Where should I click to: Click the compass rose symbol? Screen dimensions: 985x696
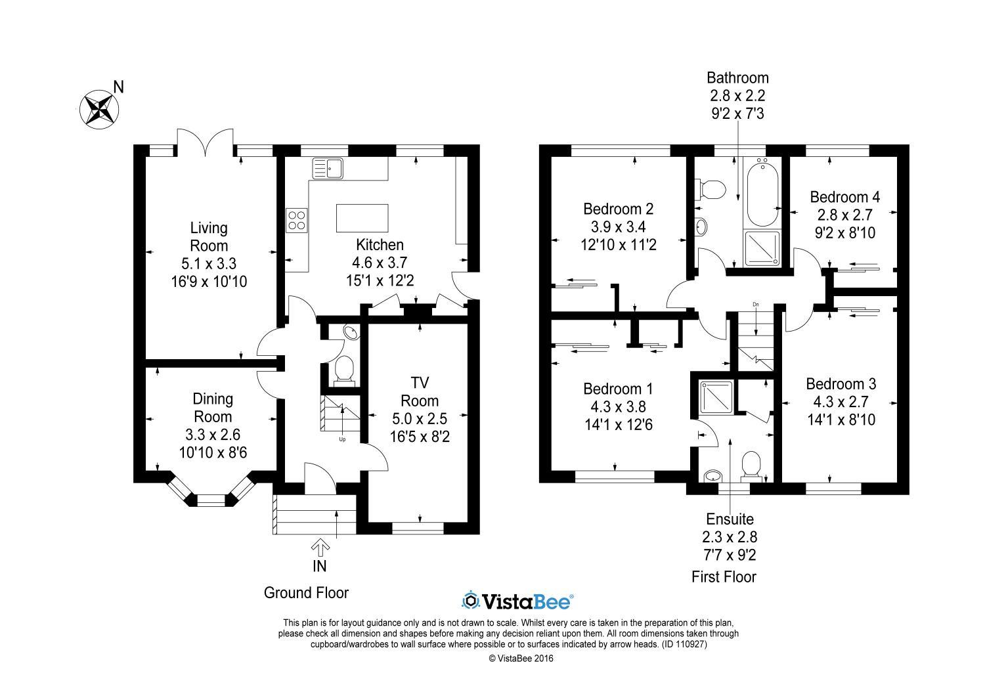coord(99,109)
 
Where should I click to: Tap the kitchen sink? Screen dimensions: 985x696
coord(328,169)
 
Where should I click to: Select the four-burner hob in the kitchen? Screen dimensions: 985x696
coord(296,220)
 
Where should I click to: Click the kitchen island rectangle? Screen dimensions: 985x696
coord(362,218)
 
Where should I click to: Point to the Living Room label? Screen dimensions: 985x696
coord(209,236)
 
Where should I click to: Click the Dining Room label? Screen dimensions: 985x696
coord(213,408)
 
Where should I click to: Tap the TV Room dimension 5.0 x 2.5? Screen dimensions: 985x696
coord(420,418)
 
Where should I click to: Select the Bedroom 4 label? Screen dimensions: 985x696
coord(844,197)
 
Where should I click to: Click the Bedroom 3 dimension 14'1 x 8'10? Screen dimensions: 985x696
coord(841,420)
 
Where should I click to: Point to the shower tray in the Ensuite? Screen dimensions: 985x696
coord(717,397)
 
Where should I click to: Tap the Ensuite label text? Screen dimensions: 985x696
coord(730,519)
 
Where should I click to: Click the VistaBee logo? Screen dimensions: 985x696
coord(517,601)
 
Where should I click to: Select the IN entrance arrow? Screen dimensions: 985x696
coord(320,548)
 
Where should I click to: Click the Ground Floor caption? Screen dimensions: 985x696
coord(306,593)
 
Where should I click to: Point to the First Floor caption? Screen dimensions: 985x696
coord(724,577)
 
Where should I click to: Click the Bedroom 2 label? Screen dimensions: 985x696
coord(619,209)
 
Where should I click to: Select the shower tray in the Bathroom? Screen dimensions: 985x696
coord(762,249)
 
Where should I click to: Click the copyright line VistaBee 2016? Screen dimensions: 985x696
coord(521,658)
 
